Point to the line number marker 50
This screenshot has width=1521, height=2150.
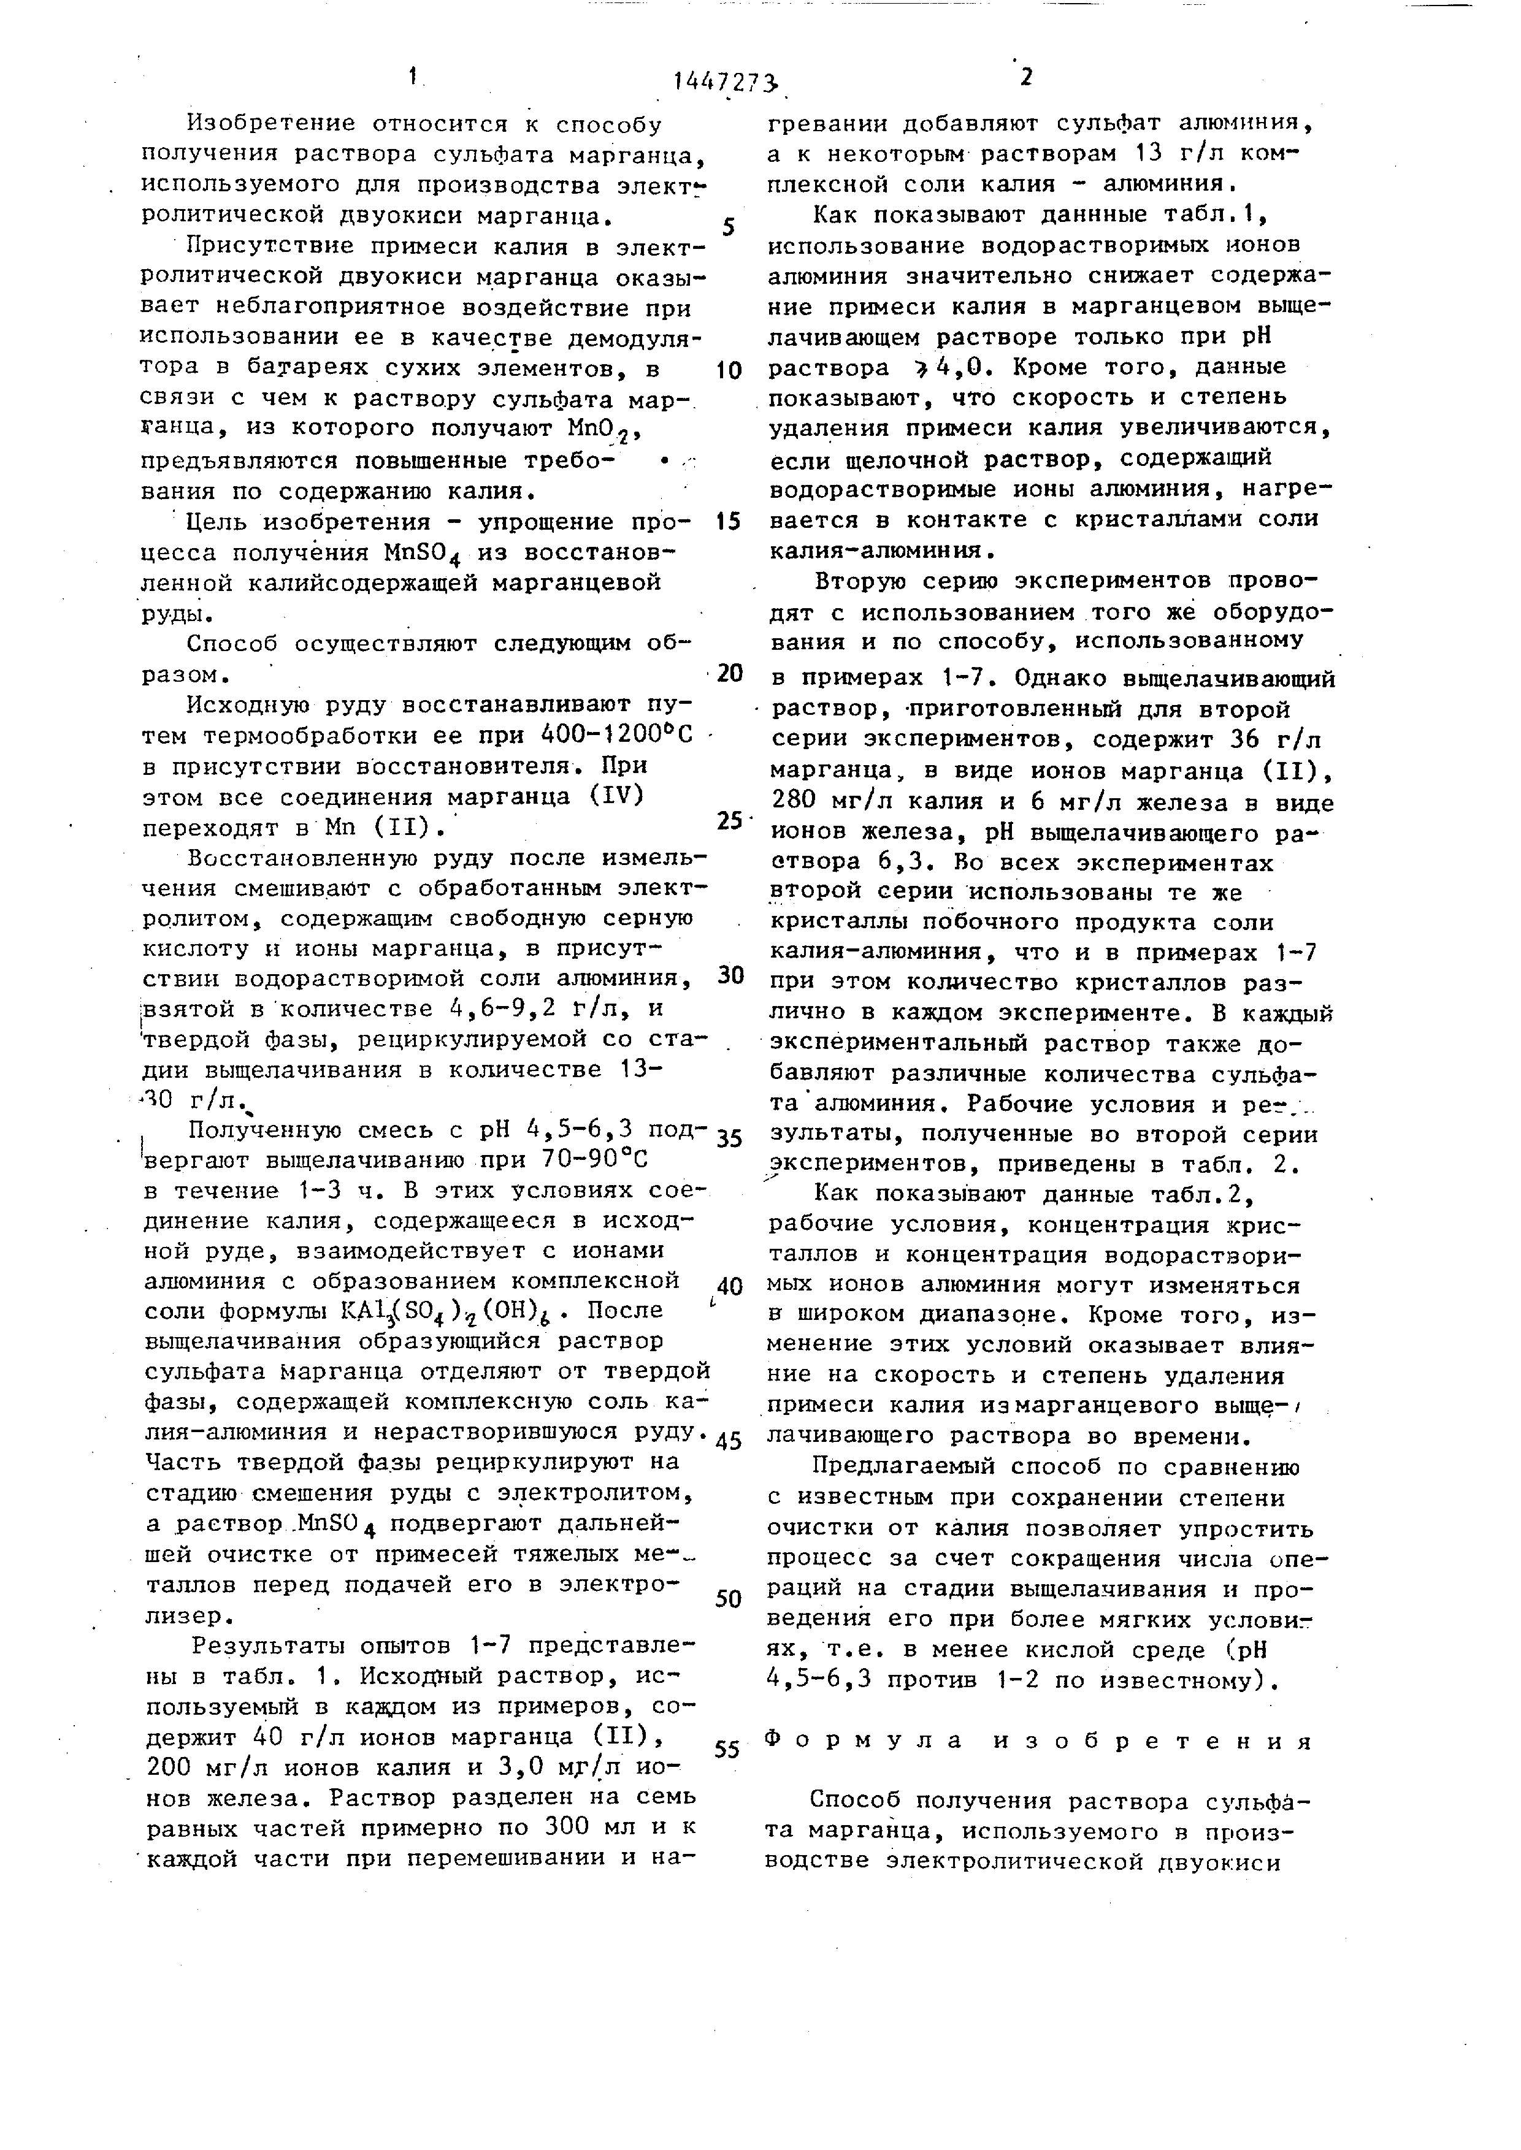pos(729,1598)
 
